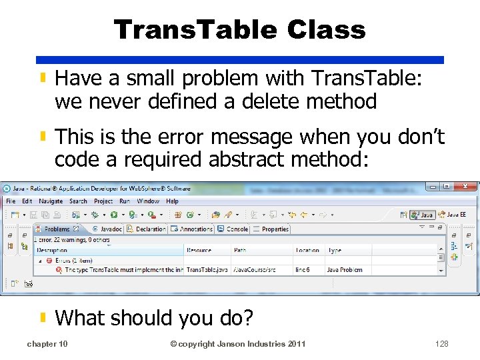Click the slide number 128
pos(441,344)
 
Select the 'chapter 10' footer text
pos(47,344)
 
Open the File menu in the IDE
pos(11,201)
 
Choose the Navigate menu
pos(51,201)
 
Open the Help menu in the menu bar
pos(172,201)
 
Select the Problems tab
pos(57,229)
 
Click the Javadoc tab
pos(110,229)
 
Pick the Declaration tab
pos(150,229)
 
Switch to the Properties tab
pos(275,229)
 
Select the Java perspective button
pos(423,215)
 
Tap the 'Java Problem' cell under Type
pos(345,270)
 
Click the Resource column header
pos(199,251)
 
